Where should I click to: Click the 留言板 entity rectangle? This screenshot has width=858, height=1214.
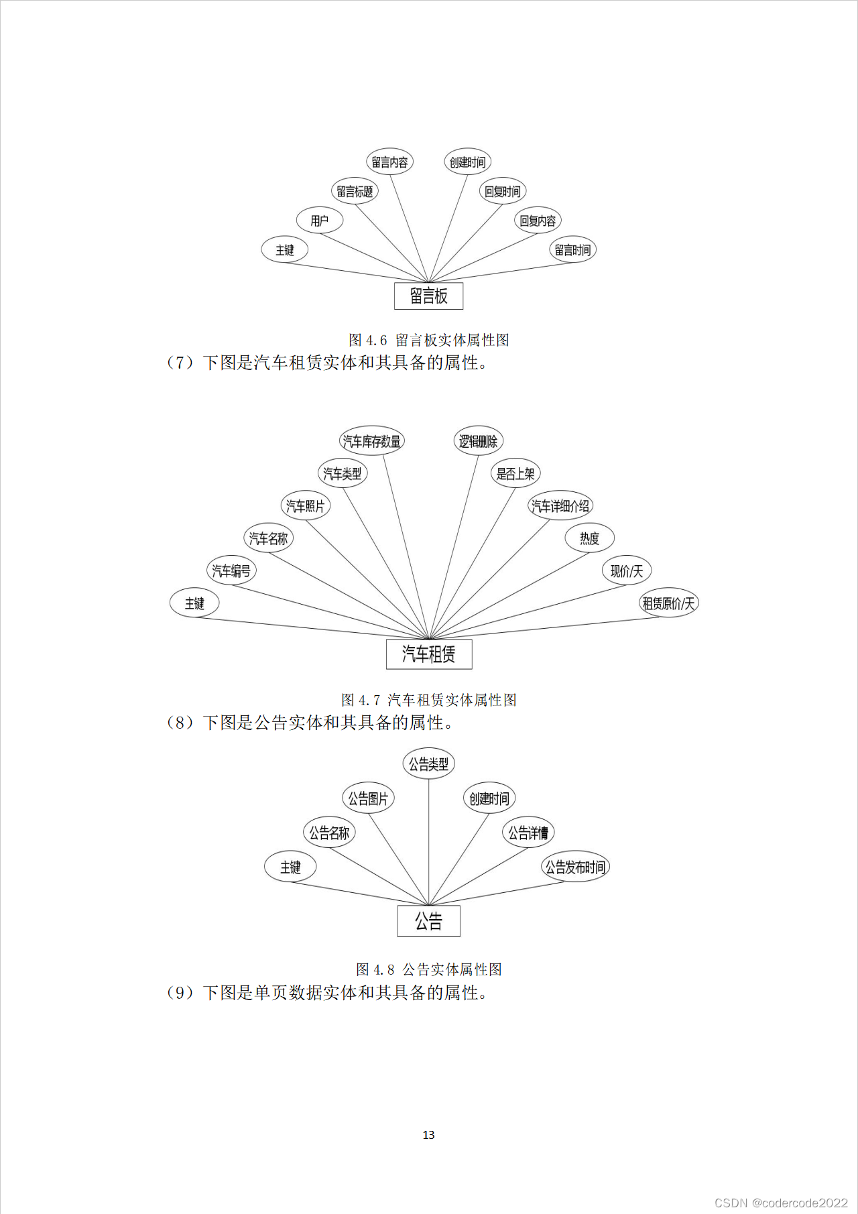[x=428, y=296]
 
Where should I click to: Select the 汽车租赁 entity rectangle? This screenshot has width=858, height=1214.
[x=429, y=654]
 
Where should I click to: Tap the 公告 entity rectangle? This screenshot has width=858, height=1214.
[x=428, y=921]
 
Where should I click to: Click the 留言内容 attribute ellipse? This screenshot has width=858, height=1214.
[x=389, y=162]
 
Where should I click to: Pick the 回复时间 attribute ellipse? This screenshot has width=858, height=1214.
[x=502, y=191]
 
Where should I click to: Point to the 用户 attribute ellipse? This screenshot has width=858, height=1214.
[x=320, y=220]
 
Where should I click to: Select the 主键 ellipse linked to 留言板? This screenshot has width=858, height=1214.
[x=285, y=249]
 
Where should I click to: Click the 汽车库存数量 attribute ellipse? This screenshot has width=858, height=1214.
[x=371, y=441]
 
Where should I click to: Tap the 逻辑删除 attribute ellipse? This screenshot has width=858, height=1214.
[x=478, y=441]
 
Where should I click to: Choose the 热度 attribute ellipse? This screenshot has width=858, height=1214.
[x=589, y=538]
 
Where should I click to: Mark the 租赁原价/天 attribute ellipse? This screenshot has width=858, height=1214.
[x=668, y=603]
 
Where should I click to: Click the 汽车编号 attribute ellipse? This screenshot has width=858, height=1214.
[x=231, y=570]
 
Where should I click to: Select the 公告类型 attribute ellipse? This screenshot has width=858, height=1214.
[x=429, y=764]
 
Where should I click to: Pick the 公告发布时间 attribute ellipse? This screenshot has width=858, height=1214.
[x=575, y=867]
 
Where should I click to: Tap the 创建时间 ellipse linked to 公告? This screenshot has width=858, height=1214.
[x=489, y=798]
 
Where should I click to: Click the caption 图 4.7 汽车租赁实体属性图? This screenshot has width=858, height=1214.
[x=429, y=700]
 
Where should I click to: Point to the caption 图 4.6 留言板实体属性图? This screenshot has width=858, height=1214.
[x=429, y=340]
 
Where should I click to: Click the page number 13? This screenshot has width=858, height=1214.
[x=428, y=1135]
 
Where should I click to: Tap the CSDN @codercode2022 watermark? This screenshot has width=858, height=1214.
[x=781, y=1203]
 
